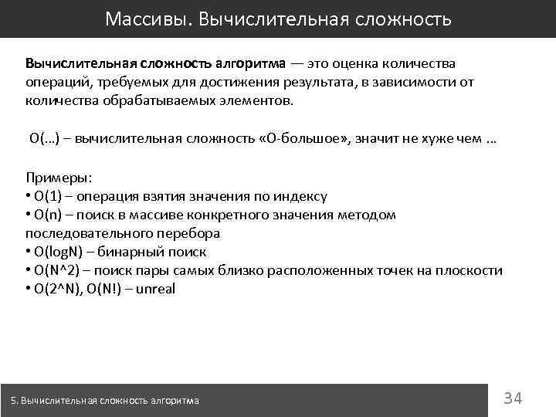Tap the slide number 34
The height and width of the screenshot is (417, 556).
coord(513,398)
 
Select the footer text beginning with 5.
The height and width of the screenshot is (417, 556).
coord(105,400)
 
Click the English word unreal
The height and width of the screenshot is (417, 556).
coord(156,290)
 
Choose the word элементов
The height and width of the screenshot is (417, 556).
coord(255,101)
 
